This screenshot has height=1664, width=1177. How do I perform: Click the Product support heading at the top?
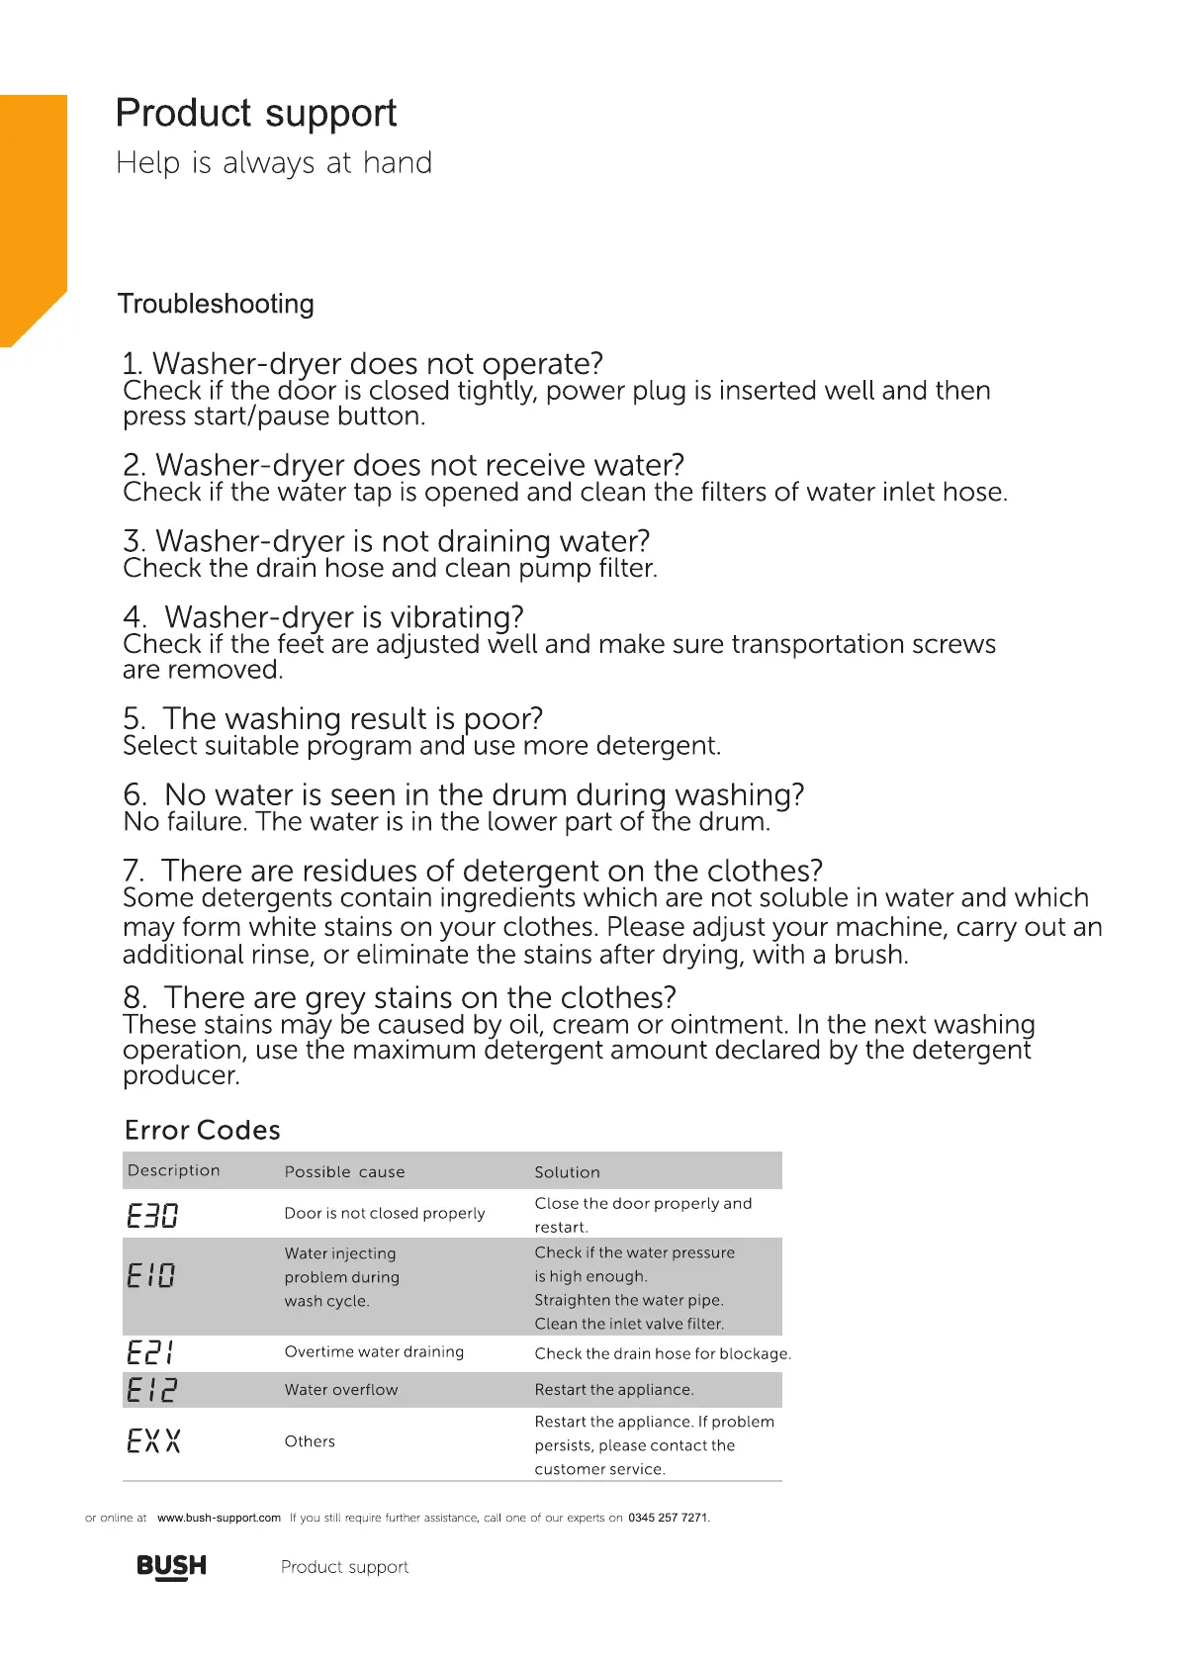(255, 114)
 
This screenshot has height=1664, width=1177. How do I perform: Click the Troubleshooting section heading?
(216, 304)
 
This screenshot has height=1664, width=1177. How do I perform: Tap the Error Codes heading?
(202, 1130)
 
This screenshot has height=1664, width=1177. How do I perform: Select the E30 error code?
(152, 1215)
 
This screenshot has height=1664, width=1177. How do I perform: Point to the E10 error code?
(151, 1275)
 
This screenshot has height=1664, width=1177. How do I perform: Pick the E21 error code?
(151, 1352)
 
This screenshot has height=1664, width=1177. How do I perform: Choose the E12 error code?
(151, 1390)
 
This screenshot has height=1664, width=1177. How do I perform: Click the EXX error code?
(153, 1440)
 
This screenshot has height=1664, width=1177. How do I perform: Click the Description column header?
(174, 1170)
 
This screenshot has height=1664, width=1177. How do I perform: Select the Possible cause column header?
(344, 1172)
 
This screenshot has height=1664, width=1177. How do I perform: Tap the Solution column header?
(567, 1172)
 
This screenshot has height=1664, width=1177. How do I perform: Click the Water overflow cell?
(341, 1390)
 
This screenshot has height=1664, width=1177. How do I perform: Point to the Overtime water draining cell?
(374, 1352)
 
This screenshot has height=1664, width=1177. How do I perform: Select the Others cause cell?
(310, 1441)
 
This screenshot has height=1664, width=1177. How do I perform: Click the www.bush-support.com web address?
(219, 1518)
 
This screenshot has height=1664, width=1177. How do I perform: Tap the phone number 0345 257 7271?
(669, 1518)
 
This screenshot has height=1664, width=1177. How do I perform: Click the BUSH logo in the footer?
(171, 1566)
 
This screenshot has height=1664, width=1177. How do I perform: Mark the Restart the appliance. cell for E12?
(614, 1390)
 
